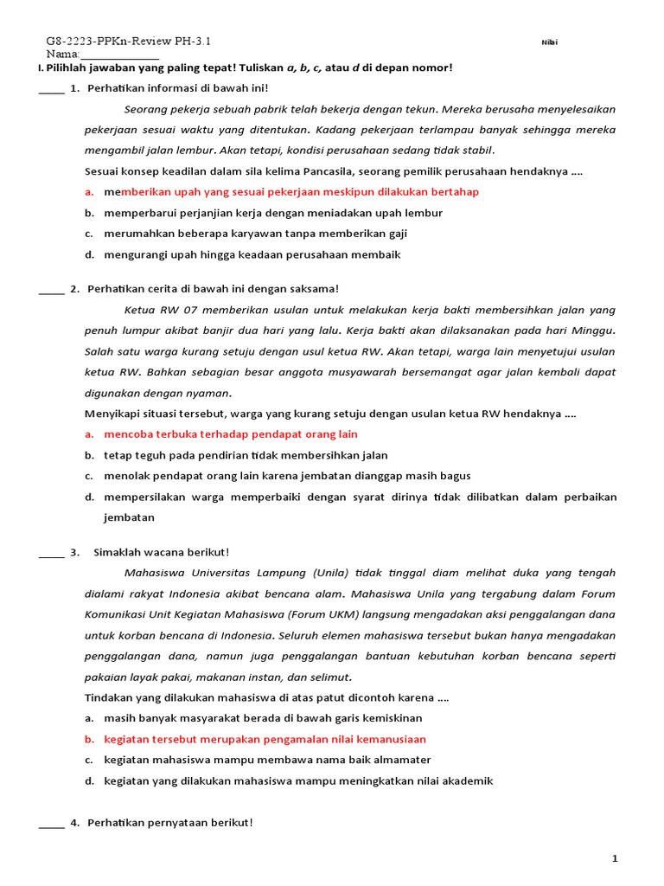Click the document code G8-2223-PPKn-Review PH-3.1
click(x=128, y=42)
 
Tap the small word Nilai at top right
click(x=549, y=42)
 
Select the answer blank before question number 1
click(x=51, y=90)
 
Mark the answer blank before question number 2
click(x=51, y=291)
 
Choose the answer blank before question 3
click(x=51, y=554)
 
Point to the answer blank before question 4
click(x=51, y=824)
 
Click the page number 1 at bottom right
click(x=615, y=858)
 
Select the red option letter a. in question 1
click(x=89, y=192)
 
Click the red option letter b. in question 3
click(x=89, y=740)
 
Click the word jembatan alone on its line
click(x=130, y=517)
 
